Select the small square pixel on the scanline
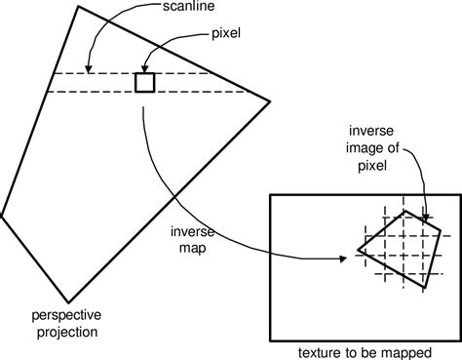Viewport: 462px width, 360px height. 144,83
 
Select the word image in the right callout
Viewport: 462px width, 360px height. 372,150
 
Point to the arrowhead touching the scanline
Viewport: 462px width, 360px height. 88,69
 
